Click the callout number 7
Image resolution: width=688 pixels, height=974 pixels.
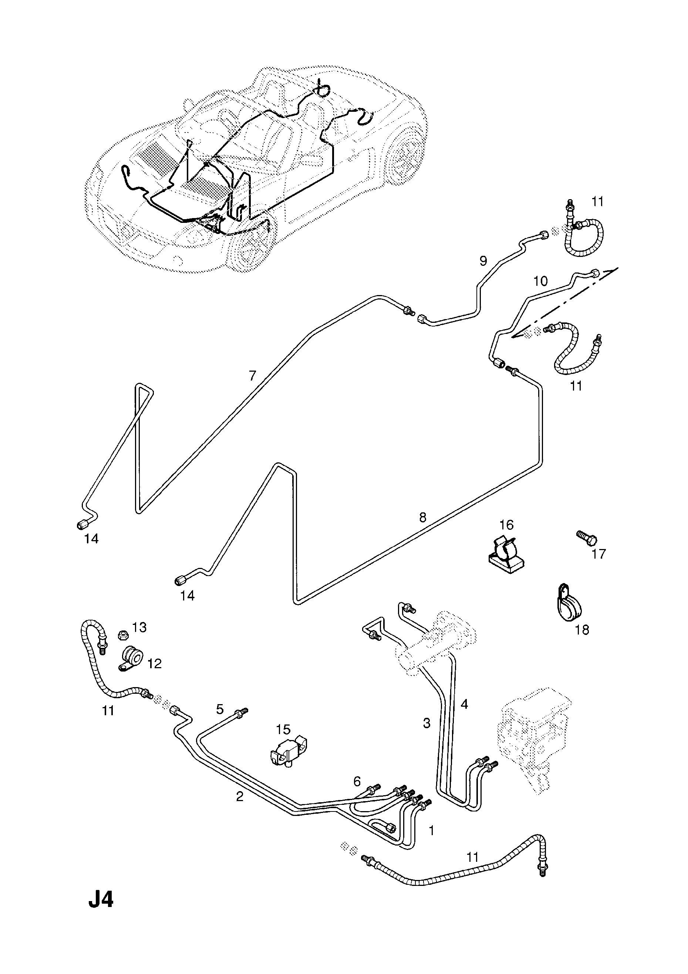point(253,375)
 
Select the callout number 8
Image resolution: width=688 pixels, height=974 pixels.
point(423,517)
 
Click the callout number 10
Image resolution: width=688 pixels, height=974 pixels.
point(540,281)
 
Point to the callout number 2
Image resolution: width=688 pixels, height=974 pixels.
point(240,797)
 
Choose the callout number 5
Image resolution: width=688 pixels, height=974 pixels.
point(220,709)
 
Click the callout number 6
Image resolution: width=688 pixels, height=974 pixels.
point(357,781)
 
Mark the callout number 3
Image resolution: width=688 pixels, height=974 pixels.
point(426,723)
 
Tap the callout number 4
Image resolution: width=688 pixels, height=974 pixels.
point(464,704)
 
